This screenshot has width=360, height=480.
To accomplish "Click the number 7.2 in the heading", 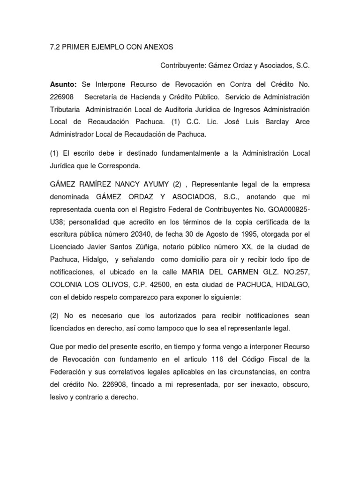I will click(55, 47).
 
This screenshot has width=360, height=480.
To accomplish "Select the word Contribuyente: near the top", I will click(184, 67).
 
